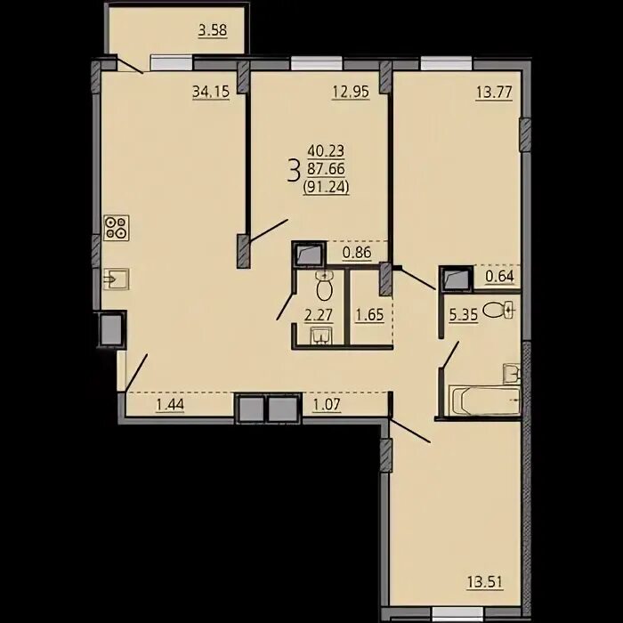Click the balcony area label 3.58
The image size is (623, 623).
[x=213, y=30]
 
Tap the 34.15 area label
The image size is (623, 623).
[x=211, y=92]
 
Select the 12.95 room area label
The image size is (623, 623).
[x=351, y=92]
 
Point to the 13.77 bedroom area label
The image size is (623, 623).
[x=494, y=93]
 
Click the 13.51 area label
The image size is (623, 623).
[x=485, y=583]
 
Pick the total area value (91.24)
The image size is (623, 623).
[x=327, y=186]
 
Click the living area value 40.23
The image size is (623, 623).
[x=326, y=151]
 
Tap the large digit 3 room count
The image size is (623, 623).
[x=294, y=170]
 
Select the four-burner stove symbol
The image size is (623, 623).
[x=117, y=228]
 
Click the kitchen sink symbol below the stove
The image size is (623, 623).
[x=116, y=279]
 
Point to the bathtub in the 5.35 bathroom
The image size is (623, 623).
[x=484, y=400]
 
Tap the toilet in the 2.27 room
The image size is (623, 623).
[x=324, y=286]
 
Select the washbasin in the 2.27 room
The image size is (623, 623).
[x=321, y=336]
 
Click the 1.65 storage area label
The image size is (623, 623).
[x=369, y=315]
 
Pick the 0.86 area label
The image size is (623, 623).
[x=357, y=252]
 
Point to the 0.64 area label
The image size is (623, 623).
[x=499, y=276]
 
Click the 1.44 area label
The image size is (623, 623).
[x=170, y=404]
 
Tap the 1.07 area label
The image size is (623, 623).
[x=327, y=404]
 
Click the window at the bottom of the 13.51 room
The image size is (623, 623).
[x=457, y=612]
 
